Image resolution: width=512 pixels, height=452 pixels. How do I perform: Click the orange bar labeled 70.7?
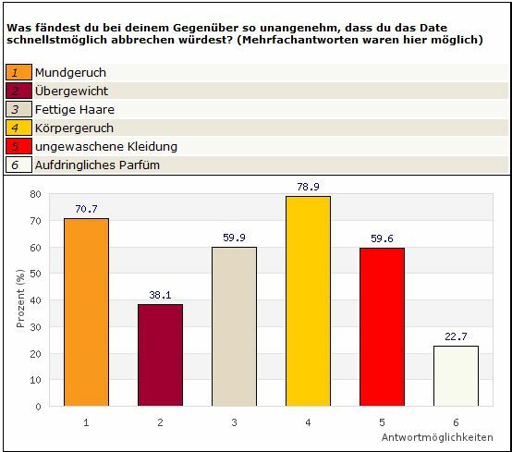86,312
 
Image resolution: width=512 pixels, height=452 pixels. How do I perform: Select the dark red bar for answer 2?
160,355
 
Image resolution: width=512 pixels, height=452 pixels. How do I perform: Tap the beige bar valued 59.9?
234,326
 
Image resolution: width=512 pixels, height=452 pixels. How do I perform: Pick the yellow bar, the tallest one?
308,301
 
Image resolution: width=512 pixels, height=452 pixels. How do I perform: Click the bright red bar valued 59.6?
382,327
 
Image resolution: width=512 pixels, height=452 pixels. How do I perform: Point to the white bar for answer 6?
456,376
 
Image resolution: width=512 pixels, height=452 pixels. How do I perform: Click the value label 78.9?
308,187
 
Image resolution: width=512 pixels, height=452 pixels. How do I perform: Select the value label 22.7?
456,336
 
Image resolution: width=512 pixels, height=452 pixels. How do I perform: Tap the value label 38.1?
160,295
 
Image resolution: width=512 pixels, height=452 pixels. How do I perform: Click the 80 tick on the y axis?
35,194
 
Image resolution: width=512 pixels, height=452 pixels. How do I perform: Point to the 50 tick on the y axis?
35,274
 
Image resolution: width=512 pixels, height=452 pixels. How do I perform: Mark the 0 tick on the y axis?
38,407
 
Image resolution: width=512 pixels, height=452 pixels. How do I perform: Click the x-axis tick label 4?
308,422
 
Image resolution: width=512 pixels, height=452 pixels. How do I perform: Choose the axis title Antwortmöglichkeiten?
437,437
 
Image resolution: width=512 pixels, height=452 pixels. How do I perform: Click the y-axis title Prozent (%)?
20,299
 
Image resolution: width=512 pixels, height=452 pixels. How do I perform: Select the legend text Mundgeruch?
70,72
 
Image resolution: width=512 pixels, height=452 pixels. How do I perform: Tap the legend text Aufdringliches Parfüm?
97,165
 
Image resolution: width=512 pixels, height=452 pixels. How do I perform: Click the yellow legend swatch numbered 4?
18,128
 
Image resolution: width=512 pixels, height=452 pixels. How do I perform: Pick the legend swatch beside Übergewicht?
18,91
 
